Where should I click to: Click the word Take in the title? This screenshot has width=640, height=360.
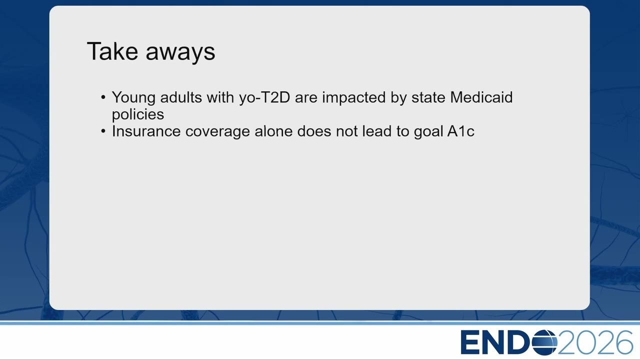point(112,51)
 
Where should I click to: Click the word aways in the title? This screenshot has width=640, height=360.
point(180,53)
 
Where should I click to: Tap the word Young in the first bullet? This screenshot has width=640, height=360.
point(133,98)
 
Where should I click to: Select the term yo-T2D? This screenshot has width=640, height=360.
point(264,97)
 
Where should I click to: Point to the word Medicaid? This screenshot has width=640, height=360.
point(481,97)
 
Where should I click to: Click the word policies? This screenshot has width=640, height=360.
point(137,115)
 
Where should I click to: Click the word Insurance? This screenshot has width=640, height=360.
point(146,131)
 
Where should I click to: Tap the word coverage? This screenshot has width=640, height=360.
point(217,132)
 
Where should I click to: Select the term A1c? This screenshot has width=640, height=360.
point(460,131)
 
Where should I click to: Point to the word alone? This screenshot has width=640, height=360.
point(273,131)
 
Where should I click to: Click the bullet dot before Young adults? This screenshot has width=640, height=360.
point(103,97)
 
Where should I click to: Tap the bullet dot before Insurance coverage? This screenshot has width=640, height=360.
point(103,131)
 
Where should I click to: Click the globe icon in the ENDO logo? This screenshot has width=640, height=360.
point(544,342)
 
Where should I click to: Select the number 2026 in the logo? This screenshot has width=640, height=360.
point(595,342)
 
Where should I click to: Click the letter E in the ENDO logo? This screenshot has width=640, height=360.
point(469,342)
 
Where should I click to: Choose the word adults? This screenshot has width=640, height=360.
point(181,97)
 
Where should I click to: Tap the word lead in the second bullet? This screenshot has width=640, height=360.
point(377,131)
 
